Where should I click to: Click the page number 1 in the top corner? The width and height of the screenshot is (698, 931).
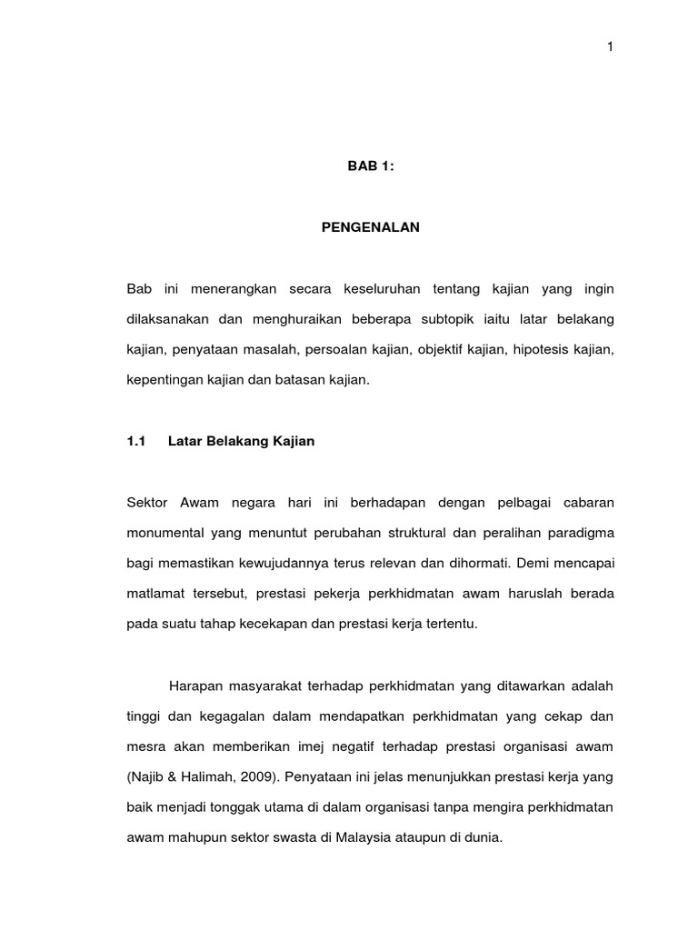(x=611, y=48)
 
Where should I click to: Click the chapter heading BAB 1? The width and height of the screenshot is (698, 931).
(x=370, y=166)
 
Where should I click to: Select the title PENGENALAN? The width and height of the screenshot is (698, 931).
(x=370, y=228)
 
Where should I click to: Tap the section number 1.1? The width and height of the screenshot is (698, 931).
(x=136, y=441)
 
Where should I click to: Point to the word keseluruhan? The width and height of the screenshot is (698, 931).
(x=381, y=290)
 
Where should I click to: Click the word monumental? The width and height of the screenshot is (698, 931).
(x=163, y=533)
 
